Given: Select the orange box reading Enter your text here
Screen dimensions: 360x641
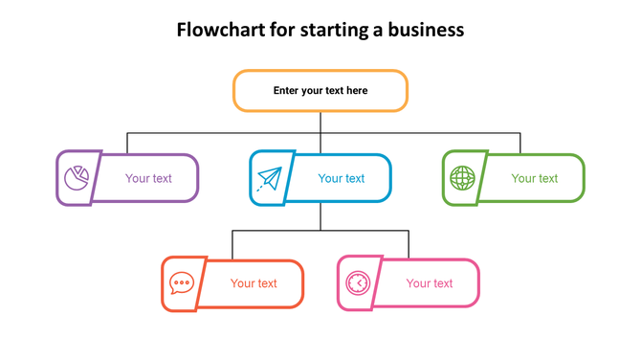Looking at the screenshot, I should [320, 91].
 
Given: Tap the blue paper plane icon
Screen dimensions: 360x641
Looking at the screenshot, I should [270, 178].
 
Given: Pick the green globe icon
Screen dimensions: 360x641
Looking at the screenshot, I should [463, 178].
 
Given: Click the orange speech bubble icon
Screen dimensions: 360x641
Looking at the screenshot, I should [182, 283].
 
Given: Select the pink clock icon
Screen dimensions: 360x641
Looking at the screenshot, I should [358, 283].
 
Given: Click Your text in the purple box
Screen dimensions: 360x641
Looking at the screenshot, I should [148, 178].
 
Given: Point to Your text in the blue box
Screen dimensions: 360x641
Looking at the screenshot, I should [342, 178].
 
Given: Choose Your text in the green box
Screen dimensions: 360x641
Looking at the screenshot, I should [535, 178].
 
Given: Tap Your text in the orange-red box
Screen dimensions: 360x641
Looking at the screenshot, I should [254, 283].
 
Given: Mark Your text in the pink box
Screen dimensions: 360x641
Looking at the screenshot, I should [430, 283].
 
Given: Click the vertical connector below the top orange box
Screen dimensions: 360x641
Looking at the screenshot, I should [320, 122].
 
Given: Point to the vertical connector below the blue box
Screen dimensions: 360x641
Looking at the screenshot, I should [320, 215].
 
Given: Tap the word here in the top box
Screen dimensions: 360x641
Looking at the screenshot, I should [356, 91].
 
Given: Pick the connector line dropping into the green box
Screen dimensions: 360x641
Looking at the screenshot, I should [520, 143].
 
